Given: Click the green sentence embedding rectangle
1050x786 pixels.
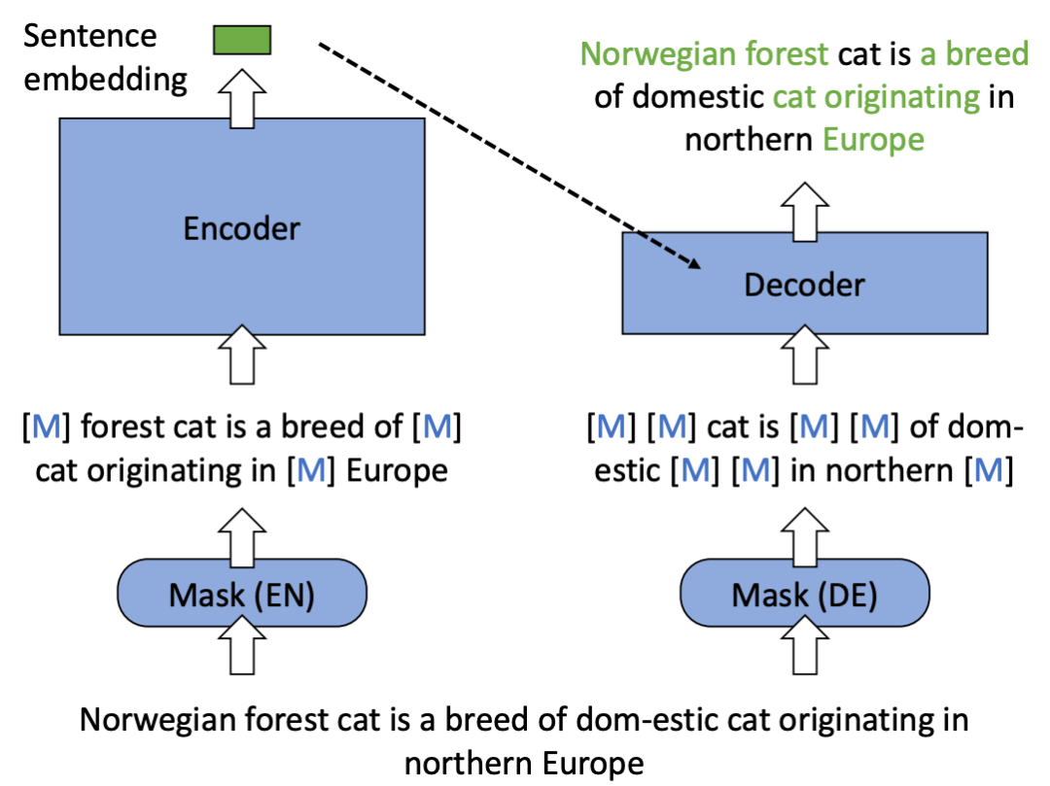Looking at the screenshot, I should [x=242, y=40].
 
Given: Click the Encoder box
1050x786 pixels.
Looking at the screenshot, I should [x=242, y=227].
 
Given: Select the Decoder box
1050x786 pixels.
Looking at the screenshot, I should [x=804, y=283].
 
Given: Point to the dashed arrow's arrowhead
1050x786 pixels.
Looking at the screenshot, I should [x=695, y=264].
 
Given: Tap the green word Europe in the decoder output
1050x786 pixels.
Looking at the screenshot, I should [x=872, y=139].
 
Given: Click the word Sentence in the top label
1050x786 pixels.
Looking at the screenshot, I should [x=89, y=37].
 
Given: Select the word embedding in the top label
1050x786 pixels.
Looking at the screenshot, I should [x=105, y=78].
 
